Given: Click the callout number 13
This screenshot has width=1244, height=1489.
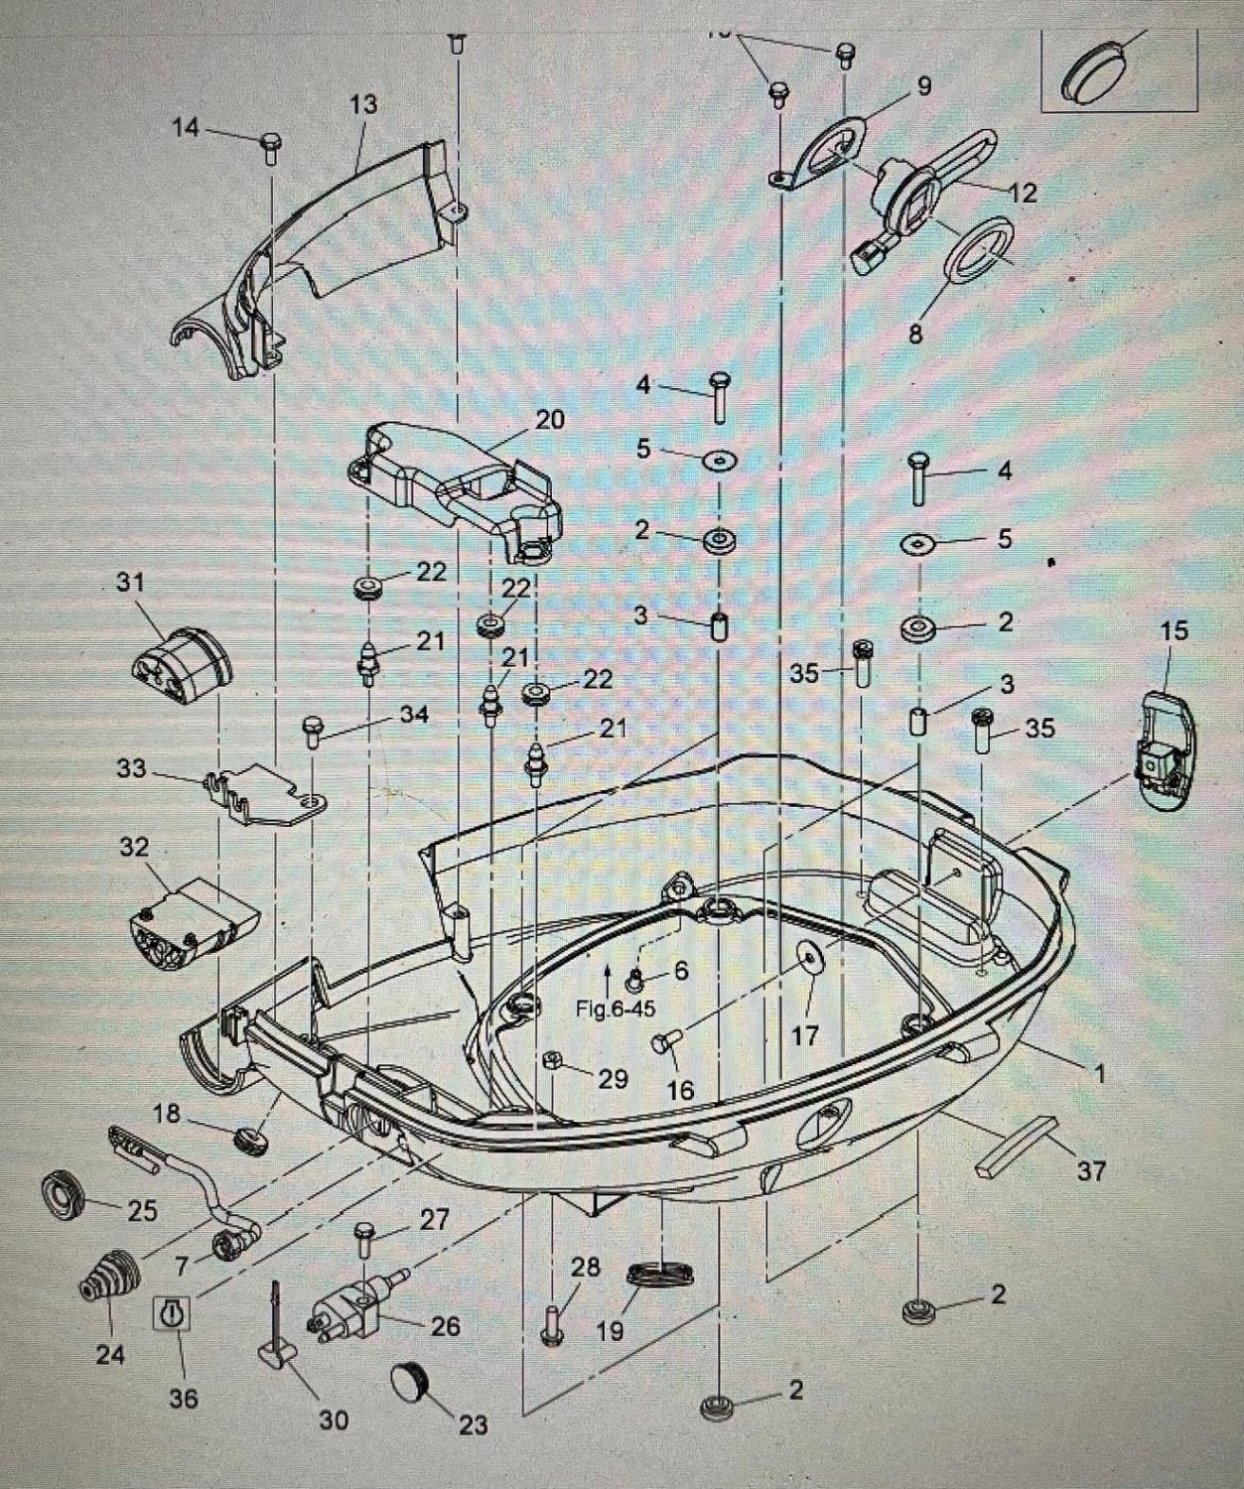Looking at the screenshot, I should click(363, 104).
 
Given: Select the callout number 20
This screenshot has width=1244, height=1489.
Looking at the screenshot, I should click(549, 420).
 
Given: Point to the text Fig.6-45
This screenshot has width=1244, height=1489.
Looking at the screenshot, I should click(616, 1009).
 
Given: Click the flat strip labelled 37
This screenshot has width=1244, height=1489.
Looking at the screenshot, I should click(1016, 1142).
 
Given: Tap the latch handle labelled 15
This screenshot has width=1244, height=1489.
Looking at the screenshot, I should click(1165, 750).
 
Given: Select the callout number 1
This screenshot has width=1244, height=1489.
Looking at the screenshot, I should click(1098, 1073).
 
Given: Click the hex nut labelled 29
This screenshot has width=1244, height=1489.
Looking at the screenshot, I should click(553, 1061).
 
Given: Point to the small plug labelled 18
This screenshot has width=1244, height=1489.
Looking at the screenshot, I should click(252, 1140).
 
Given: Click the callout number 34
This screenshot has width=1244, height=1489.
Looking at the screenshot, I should click(414, 715).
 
